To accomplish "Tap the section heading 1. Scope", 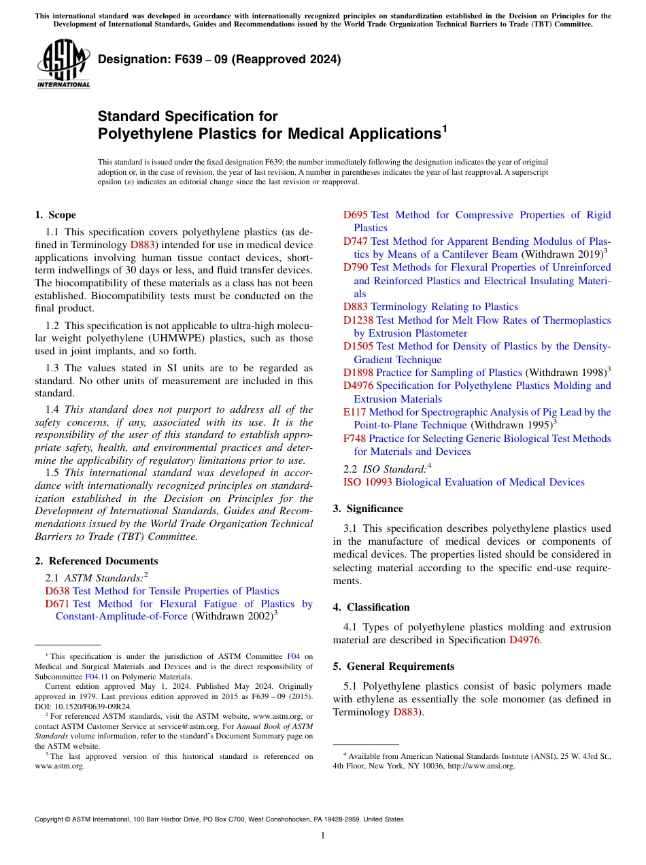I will point(55,215).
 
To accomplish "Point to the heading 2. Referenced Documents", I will point(96,561).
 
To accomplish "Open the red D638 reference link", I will point(57,591).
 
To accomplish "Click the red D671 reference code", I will point(57,604).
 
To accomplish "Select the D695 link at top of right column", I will point(355,215).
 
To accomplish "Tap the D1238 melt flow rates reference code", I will point(358,320).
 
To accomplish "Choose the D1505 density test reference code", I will point(358,347).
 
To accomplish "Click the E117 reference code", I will point(354,412).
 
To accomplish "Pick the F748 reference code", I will point(354,439).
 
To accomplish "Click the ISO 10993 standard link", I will point(367,482).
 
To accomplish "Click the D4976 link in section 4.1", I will point(524,640).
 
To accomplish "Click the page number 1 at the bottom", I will point(323,835).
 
